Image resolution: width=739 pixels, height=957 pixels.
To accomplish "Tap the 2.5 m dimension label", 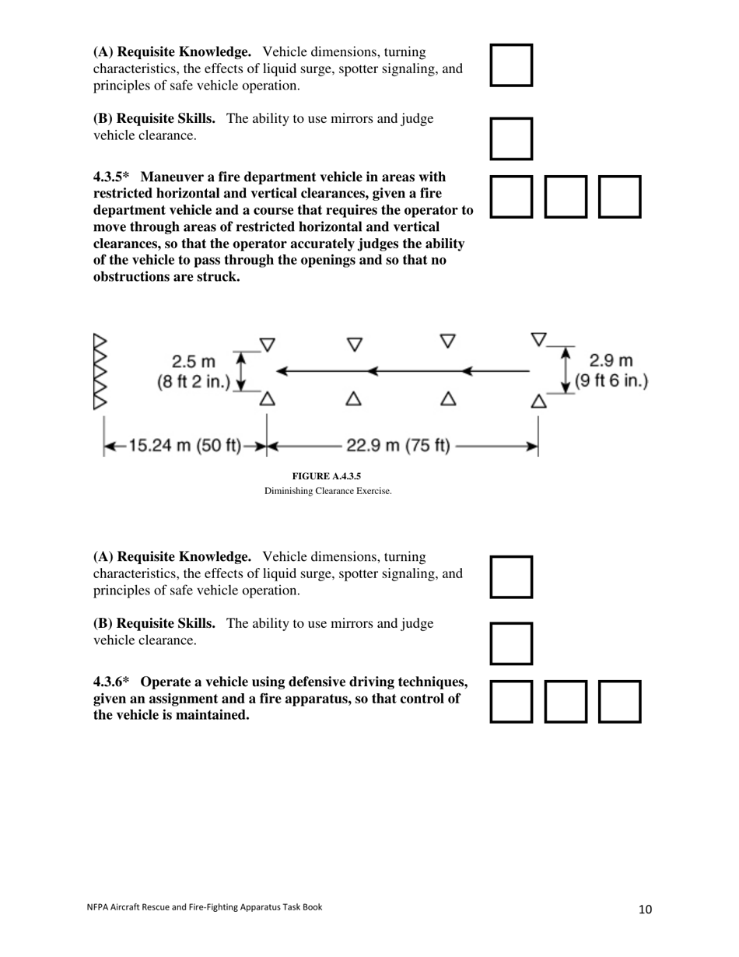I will pyautogui.click(x=194, y=363).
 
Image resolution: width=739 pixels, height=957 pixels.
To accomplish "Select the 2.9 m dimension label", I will pyautogui.click(x=611, y=361).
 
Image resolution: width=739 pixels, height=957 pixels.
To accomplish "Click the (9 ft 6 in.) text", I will pyautogui.click(x=611, y=381).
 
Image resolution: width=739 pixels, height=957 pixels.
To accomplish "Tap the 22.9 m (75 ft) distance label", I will pyautogui.click(x=398, y=446).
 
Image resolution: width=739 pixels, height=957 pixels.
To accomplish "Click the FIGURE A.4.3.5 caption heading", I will pyautogui.click(x=327, y=476).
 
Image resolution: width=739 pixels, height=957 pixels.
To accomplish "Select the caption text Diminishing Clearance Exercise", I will pyautogui.click(x=327, y=491).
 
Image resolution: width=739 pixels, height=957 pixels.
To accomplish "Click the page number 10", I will pyautogui.click(x=645, y=909).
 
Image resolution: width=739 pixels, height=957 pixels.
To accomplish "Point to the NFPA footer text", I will pyautogui.click(x=203, y=906).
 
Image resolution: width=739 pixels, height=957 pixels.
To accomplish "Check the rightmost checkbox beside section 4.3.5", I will pyautogui.click(x=619, y=197).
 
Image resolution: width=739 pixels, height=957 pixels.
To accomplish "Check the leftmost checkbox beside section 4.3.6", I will pyautogui.click(x=512, y=702).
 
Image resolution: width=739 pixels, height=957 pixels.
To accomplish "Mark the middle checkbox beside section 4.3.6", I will pyautogui.click(x=566, y=702).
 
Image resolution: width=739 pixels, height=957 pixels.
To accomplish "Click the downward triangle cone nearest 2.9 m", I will pyautogui.click(x=538, y=339).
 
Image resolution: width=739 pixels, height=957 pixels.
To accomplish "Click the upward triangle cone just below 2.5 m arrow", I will pyautogui.click(x=267, y=398).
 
